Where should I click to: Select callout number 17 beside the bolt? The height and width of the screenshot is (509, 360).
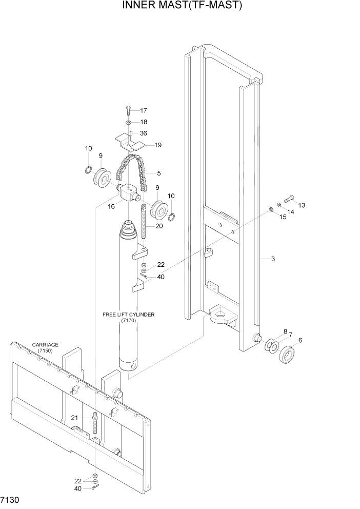(143, 110)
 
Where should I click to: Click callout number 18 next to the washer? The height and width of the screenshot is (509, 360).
(143, 122)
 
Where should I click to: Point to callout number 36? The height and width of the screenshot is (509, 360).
(143, 133)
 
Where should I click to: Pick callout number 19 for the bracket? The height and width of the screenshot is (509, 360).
(157, 145)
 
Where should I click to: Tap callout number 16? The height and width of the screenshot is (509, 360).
(111, 206)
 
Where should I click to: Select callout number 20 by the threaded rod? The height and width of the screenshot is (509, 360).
(159, 226)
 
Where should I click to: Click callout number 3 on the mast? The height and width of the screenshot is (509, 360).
(273, 259)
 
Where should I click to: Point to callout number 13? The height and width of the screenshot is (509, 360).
(302, 205)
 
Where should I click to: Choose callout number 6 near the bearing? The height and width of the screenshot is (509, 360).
(300, 340)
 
